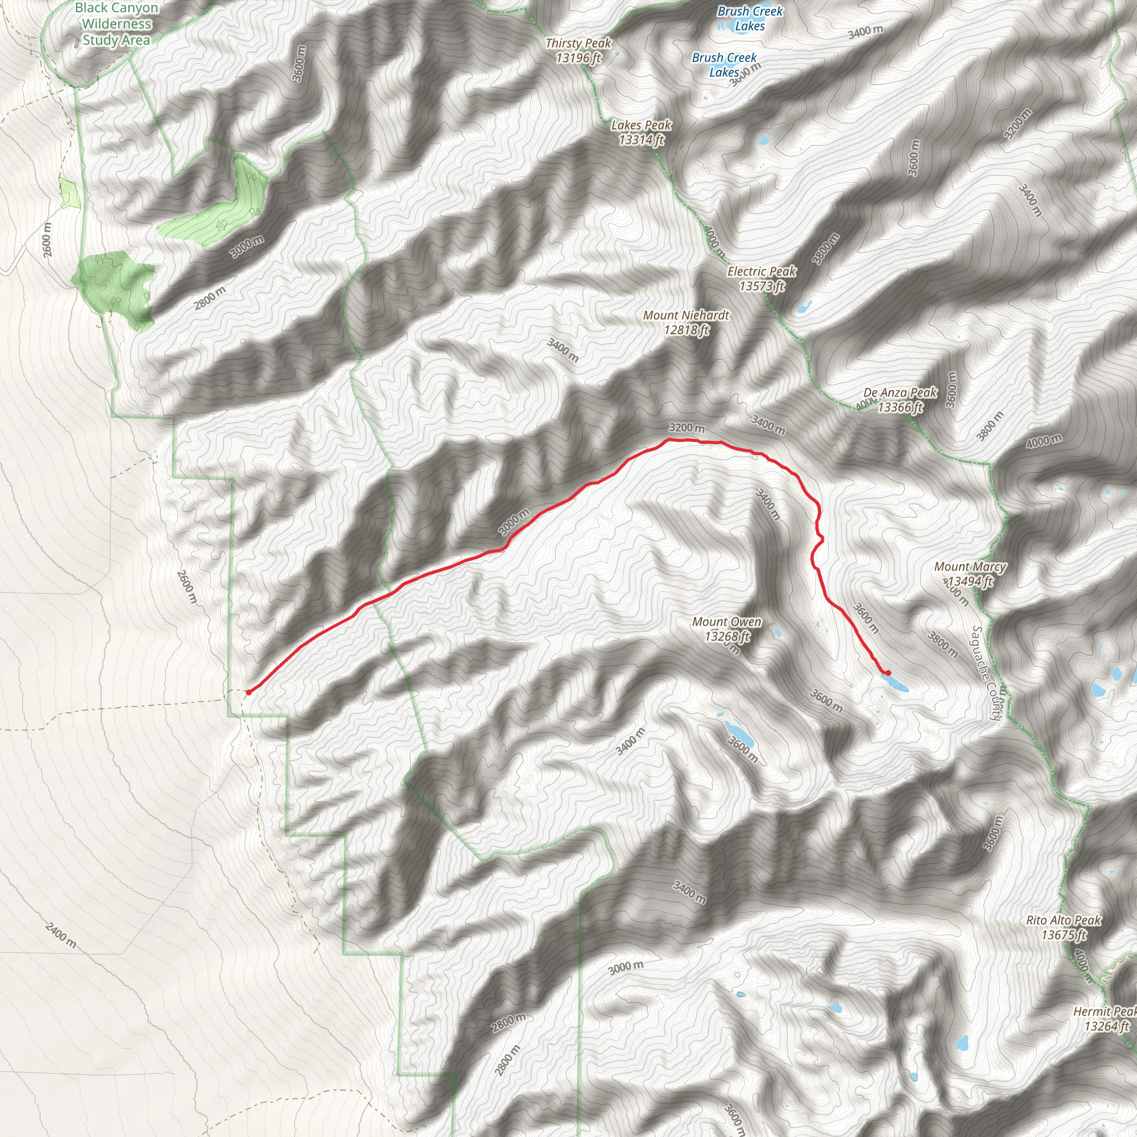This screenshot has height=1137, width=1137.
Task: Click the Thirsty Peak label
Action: tap(578, 50)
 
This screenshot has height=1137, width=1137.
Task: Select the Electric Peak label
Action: tap(762, 278)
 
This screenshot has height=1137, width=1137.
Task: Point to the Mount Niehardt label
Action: tap(686, 322)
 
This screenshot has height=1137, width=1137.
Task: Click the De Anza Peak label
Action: tap(900, 400)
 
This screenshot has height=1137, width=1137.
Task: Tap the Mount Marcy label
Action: tap(970, 574)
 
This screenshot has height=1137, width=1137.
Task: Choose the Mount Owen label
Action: tap(727, 628)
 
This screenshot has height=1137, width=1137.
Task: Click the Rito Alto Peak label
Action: tap(1063, 927)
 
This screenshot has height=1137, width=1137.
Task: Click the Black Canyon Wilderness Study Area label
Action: tap(116, 24)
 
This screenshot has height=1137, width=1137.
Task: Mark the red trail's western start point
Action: tap(248, 692)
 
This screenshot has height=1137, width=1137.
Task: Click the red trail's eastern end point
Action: tap(888, 673)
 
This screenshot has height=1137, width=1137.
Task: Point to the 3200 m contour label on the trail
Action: tap(686, 428)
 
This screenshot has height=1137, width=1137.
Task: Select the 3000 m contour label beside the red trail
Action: tap(514, 521)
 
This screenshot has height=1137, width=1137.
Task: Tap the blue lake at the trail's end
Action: tap(895, 682)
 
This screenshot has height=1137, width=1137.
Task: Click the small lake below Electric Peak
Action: tap(804, 306)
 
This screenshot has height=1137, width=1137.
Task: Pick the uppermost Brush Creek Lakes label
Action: tap(749, 18)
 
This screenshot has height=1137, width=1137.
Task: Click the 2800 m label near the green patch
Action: tap(210, 298)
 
